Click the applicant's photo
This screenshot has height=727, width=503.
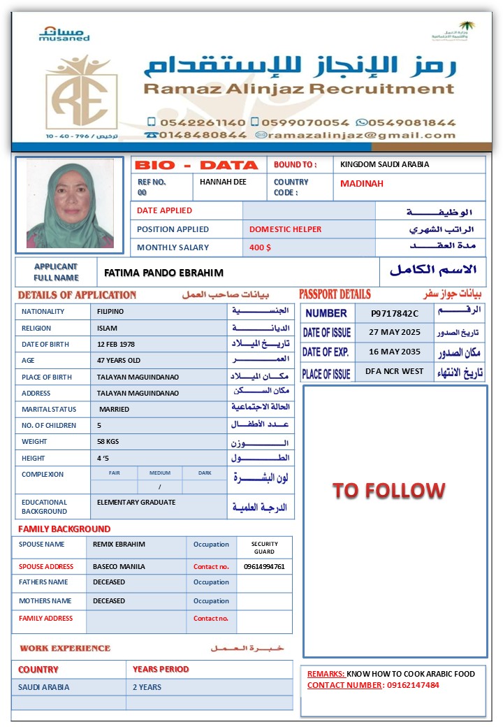click(69, 204)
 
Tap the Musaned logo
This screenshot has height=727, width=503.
click(64, 34)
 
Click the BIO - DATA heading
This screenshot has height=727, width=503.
click(196, 165)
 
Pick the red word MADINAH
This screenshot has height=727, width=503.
click(362, 184)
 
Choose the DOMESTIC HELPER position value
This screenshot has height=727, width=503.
click(285, 229)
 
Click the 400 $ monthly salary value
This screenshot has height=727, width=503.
click(260, 247)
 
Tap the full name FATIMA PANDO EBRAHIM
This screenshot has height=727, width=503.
click(163, 273)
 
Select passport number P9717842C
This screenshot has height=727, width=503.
click(394, 314)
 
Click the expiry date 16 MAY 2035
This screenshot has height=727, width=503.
click(395, 352)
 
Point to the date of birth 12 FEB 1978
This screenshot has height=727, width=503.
click(116, 344)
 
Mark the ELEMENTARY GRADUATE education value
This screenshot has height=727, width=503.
click(136, 502)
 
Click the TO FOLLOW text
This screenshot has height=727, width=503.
click(388, 490)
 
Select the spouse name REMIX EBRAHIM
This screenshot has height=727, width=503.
click(119, 544)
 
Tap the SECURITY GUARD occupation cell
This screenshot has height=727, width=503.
click(264, 547)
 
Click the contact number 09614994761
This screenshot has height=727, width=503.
click(264, 566)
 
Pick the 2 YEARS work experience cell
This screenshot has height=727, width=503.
click(147, 687)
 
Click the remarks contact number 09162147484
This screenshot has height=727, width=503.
click(413, 685)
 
